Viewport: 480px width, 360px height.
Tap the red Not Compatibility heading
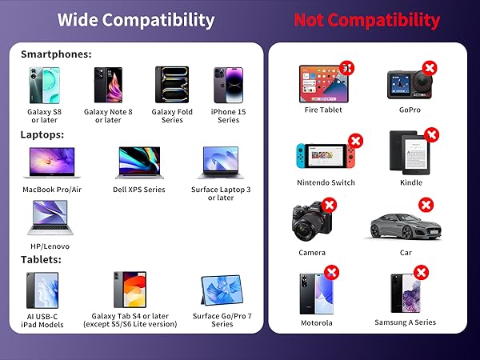pos(366,20)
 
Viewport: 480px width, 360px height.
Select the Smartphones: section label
pos(56,54)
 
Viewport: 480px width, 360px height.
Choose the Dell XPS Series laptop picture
pos(141,163)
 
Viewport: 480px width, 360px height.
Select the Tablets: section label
pos(42,259)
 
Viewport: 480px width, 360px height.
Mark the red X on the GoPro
pos(430,69)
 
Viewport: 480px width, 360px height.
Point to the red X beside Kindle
pos(432,135)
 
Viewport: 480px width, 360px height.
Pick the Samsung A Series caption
pos(405,323)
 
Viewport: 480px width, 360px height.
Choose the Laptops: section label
pos(42,134)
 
